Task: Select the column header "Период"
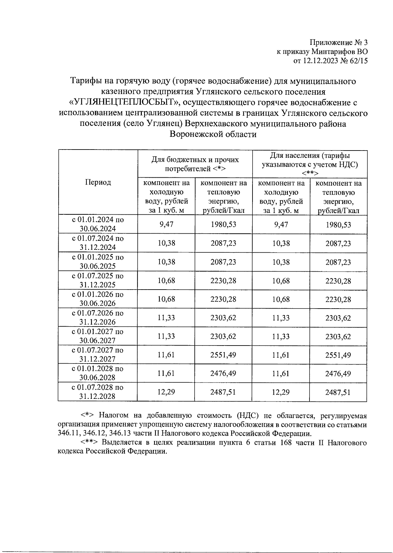(98, 182)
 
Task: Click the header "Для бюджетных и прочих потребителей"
(195, 164)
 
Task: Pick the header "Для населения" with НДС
(309, 164)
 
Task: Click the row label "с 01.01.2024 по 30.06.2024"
(98, 224)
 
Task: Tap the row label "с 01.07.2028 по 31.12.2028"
(98, 392)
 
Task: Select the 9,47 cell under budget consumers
(166, 224)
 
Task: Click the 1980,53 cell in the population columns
(338, 224)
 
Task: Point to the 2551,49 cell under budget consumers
(223, 355)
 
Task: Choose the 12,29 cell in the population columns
(281, 392)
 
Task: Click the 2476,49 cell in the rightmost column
(338, 373)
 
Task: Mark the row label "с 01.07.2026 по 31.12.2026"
(98, 317)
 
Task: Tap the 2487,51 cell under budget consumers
(223, 392)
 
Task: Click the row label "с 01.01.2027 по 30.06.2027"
(98, 336)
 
